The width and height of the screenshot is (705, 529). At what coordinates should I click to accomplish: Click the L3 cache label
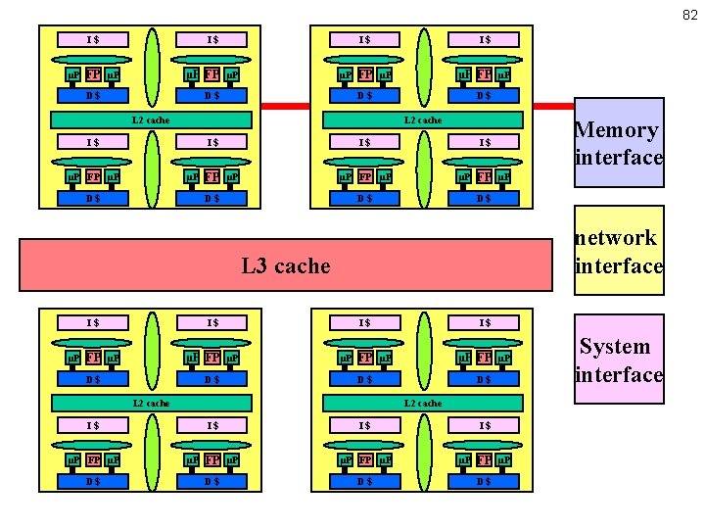(286, 265)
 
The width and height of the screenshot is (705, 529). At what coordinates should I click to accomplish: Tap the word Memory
(616, 129)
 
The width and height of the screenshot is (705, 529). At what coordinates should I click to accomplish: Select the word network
(616, 237)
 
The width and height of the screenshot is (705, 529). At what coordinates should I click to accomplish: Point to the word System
(615, 346)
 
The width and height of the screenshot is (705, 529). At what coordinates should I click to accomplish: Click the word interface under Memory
(619, 157)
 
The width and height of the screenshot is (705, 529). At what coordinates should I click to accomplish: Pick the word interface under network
(619, 265)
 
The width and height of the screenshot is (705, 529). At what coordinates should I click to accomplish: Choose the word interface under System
(619, 374)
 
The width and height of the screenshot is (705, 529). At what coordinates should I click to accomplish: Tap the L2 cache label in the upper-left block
(151, 120)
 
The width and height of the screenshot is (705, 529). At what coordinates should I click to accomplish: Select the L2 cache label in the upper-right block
(423, 120)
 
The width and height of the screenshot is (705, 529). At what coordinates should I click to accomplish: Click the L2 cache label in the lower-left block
(151, 403)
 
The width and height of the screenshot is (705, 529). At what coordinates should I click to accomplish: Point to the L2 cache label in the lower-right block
(423, 403)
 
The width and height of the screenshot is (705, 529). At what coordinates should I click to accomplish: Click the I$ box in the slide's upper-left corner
(93, 39)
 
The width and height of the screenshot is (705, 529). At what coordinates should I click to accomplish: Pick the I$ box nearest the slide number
(485, 39)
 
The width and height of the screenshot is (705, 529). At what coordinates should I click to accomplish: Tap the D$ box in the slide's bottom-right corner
(485, 481)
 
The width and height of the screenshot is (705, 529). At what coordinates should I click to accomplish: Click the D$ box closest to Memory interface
(485, 95)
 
